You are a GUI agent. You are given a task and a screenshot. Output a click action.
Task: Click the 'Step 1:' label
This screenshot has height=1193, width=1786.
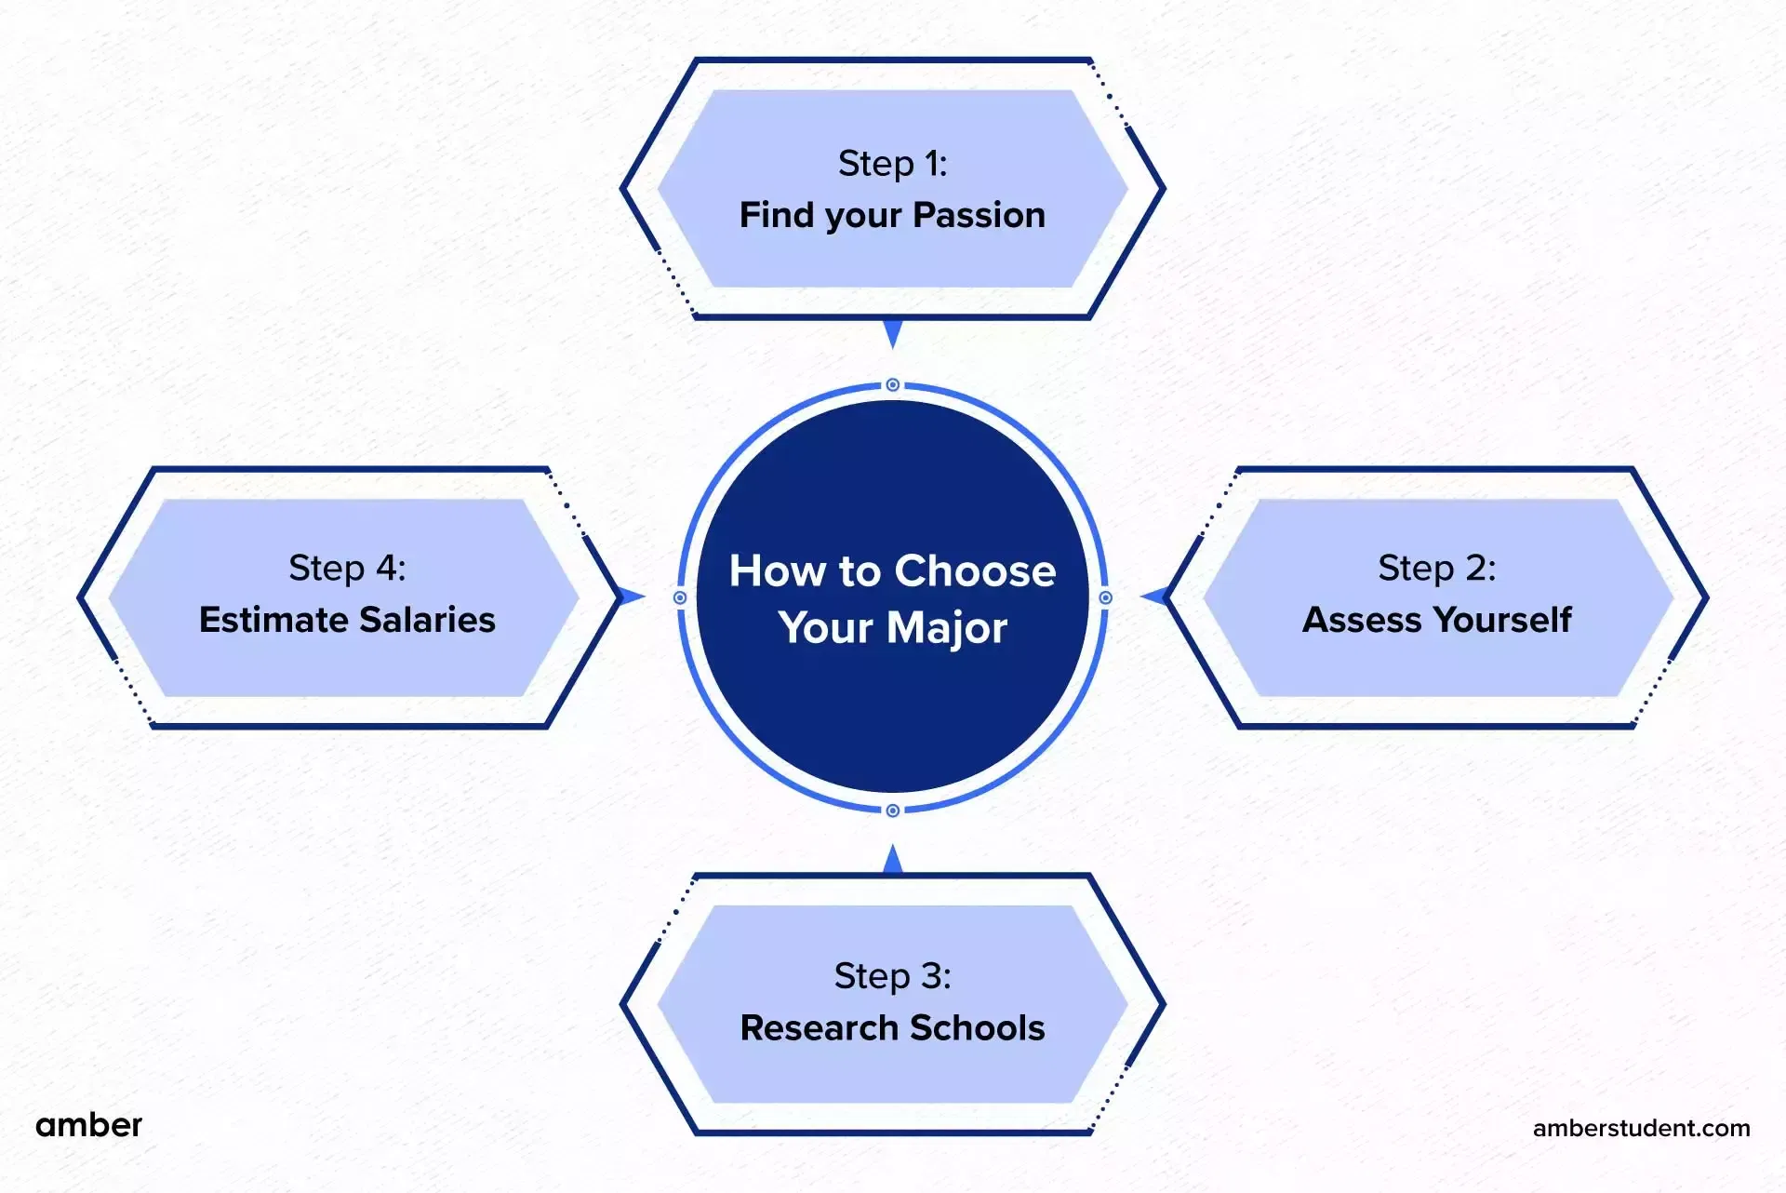tap(892, 164)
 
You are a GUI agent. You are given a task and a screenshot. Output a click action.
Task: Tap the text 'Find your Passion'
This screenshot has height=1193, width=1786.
tap(892, 215)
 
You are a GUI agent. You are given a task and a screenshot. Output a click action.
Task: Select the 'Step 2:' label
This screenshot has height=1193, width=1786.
tap(1436, 568)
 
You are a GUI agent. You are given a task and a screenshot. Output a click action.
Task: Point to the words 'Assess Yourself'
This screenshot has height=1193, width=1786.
tap(1436, 620)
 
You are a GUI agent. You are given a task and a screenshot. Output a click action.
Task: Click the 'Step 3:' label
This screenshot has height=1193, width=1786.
tap(892, 976)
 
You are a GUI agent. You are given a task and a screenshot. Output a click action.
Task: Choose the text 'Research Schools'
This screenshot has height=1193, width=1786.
tap(892, 1028)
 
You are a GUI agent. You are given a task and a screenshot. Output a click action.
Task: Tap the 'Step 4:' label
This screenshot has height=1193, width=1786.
tap(347, 568)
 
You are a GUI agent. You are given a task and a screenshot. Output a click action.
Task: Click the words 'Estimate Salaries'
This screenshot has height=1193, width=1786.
tap(347, 620)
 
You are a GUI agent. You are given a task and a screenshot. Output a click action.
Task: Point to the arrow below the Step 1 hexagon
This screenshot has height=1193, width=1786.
tap(893, 332)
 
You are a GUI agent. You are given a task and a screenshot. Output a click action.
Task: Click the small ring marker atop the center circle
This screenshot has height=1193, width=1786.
tap(892, 384)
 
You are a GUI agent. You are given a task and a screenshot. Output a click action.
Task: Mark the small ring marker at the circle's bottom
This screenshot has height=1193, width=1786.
tap(892, 811)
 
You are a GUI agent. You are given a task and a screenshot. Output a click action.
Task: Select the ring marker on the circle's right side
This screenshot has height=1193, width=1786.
tap(1105, 597)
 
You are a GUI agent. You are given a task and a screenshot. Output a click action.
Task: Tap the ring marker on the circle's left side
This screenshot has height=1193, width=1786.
tap(680, 597)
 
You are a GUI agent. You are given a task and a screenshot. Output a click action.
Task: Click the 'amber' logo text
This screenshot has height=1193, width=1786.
tap(88, 1125)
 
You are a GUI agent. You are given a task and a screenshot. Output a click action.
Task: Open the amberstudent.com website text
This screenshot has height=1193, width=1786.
tap(1641, 1128)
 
